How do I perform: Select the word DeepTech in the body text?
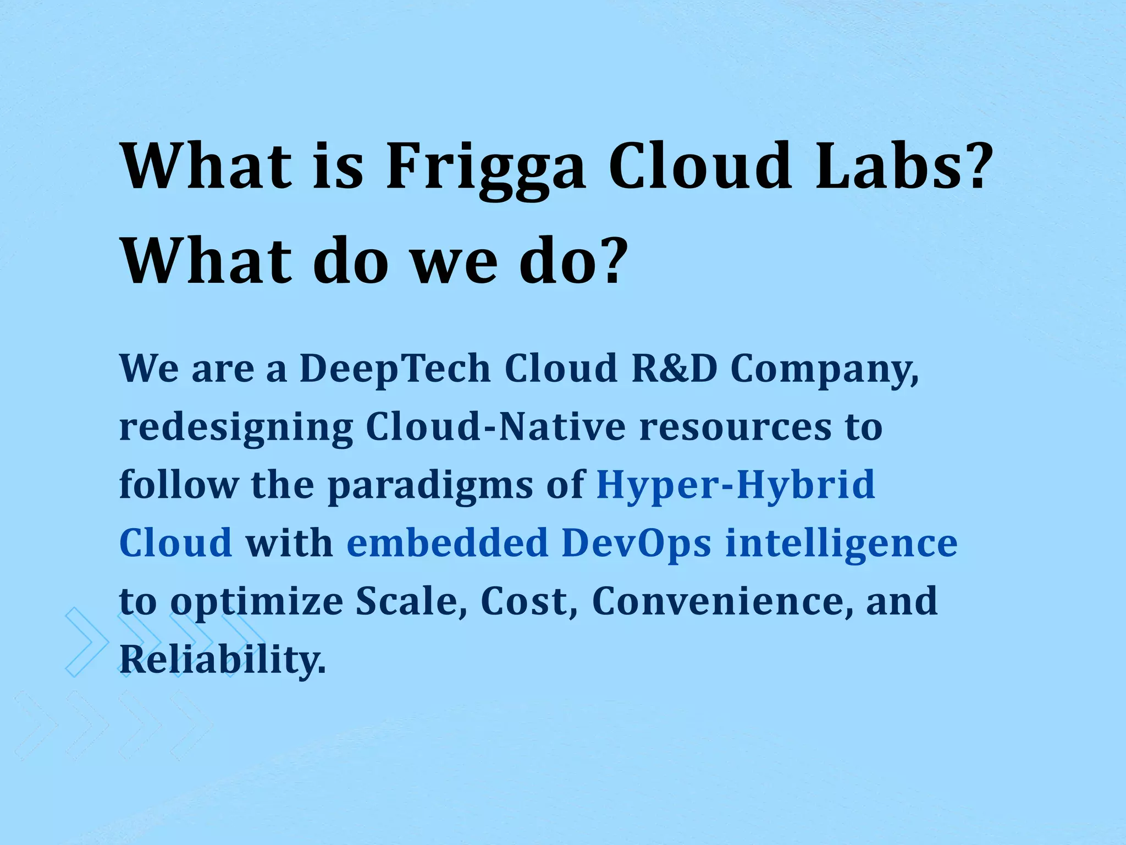tap(395, 368)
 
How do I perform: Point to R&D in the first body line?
tap(675, 368)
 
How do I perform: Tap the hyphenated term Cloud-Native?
tap(495, 427)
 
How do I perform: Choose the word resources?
tap(736, 428)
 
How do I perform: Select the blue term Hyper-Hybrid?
tap(736, 485)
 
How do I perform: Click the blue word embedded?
tap(448, 543)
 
